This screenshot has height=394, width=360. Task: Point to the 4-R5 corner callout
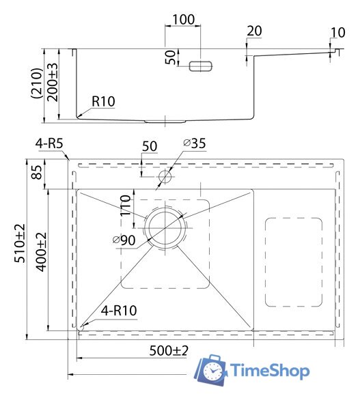click(49, 143)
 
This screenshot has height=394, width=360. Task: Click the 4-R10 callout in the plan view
click(120, 311)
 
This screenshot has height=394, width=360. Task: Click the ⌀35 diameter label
click(195, 143)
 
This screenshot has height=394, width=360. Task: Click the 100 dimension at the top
click(182, 19)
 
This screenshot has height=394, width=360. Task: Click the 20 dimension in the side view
click(254, 31)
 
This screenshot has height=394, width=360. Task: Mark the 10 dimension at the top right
click(337, 32)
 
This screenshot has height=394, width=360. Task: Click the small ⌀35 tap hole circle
click(165, 177)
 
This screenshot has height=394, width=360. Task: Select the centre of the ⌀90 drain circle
click(165, 227)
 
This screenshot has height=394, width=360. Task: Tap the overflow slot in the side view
click(201, 65)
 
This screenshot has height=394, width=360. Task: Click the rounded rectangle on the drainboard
click(293, 262)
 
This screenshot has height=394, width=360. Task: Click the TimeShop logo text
click(271, 371)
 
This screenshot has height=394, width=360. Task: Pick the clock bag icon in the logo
click(212, 369)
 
